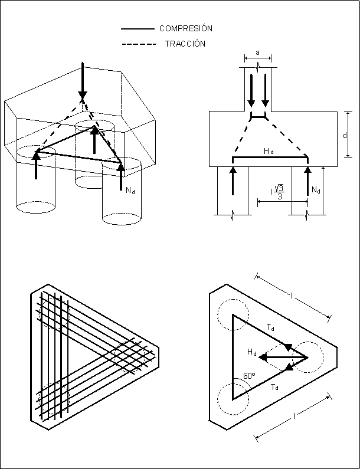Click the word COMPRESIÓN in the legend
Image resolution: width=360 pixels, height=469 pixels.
(x=186, y=28)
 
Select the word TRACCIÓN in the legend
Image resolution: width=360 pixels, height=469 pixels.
(x=185, y=44)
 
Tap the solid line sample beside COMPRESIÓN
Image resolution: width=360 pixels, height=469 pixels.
(x=138, y=28)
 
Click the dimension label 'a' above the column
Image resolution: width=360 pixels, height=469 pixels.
(x=258, y=53)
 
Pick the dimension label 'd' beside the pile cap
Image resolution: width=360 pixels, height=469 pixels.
(x=344, y=136)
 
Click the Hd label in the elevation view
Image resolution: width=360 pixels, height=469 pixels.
(x=269, y=152)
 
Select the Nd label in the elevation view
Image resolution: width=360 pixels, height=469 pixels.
(x=316, y=190)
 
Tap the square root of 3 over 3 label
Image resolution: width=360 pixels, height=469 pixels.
(x=278, y=192)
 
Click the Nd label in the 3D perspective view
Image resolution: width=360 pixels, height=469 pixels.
(x=130, y=191)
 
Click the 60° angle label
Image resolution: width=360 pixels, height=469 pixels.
(x=248, y=375)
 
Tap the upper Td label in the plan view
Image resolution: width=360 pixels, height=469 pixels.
(x=270, y=327)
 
